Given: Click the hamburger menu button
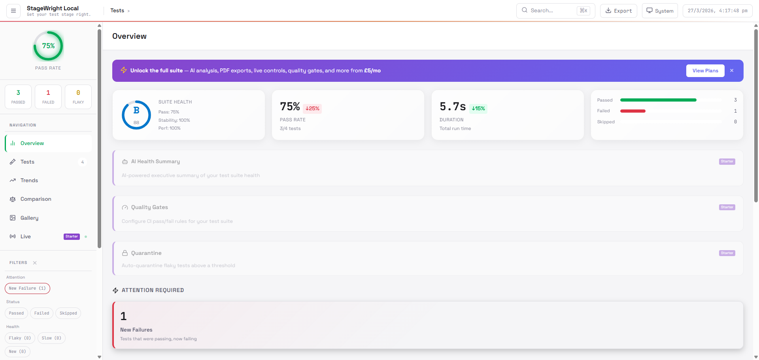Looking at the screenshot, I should click(13, 11).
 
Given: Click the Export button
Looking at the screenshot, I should click(618, 11).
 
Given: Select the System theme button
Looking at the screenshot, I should click(660, 11).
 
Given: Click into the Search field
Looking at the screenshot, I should click(551, 11).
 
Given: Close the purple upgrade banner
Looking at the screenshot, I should click(732, 71).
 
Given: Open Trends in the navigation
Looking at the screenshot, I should click(29, 180).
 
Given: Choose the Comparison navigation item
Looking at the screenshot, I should click(36, 199).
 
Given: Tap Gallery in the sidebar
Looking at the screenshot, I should click(29, 218).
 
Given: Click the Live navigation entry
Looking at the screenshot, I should click(26, 236).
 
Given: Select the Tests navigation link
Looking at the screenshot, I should click(28, 162).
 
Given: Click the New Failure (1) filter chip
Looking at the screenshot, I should click(27, 288).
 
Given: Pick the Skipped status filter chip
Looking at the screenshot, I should click(68, 313).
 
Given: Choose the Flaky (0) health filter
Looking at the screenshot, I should click(20, 338).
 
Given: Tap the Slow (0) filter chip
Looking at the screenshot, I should click(51, 338).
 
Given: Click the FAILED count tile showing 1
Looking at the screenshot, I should click(48, 96).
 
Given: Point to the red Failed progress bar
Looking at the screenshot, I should click(632, 111).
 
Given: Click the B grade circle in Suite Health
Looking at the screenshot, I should click(136, 115).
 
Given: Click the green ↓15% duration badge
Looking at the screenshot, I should click(478, 108).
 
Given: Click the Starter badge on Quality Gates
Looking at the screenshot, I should click(727, 207).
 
